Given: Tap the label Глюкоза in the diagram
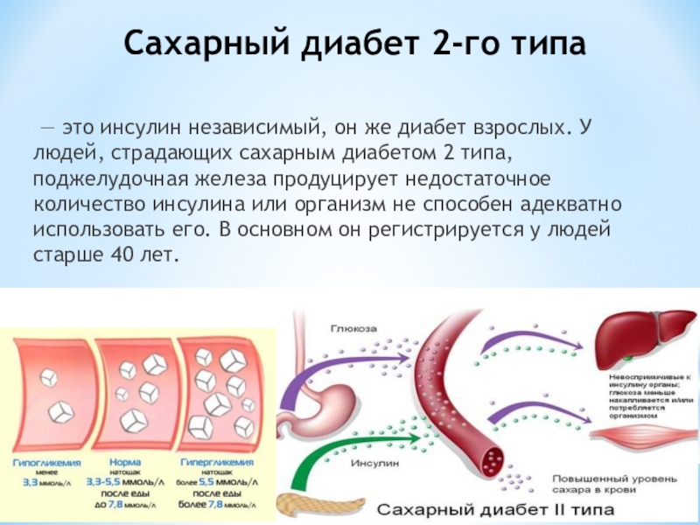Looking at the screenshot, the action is point(353,328).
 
